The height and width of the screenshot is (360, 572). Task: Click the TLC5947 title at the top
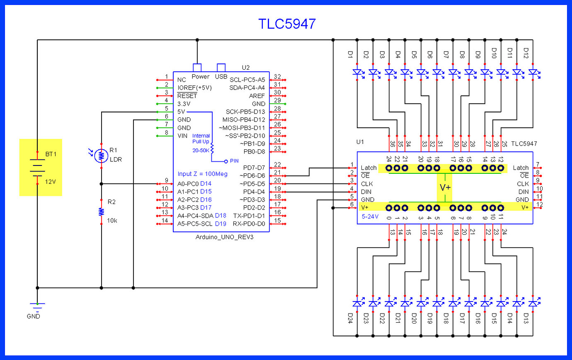(x=287, y=24)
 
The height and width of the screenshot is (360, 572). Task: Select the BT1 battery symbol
(x=37, y=168)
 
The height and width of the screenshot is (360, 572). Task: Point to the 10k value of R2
(x=112, y=221)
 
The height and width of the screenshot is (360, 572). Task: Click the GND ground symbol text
(x=33, y=316)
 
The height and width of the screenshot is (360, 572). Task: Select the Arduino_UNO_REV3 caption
(x=224, y=237)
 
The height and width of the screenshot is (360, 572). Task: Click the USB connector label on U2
(x=221, y=77)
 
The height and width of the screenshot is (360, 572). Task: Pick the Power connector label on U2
(x=200, y=77)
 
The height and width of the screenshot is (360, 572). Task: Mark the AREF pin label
(x=257, y=96)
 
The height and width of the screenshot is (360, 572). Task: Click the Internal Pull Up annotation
(x=201, y=139)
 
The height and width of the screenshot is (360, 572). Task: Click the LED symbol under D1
(x=357, y=72)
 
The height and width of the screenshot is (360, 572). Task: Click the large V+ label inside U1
(x=445, y=187)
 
